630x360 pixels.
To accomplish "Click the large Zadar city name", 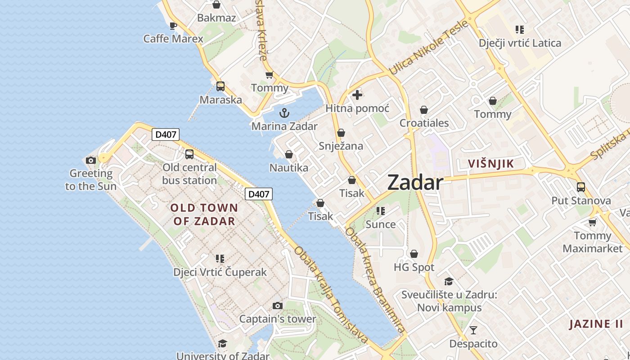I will (415, 182).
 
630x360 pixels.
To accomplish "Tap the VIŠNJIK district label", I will (490, 163).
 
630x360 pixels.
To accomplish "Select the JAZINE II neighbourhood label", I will (596, 324).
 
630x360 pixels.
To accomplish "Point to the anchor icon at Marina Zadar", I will (284, 112).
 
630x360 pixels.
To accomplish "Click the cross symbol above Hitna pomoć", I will (357, 95).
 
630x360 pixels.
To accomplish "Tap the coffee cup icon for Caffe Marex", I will (173, 26).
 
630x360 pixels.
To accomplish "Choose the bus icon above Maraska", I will (220, 86).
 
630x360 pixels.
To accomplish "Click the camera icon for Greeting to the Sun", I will (91, 160).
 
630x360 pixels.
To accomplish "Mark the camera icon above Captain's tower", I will (278, 306).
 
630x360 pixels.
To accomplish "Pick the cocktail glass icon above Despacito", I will (473, 331).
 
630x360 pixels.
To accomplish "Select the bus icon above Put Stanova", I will (581, 187).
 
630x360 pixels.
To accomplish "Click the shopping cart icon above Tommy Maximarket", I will (593, 222).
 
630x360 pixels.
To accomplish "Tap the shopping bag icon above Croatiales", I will (424, 110).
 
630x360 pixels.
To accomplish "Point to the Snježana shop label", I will (341, 146).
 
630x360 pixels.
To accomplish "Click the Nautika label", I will (289, 168).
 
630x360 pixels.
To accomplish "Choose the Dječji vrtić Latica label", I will (520, 43).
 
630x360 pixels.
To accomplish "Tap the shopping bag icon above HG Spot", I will (414, 254).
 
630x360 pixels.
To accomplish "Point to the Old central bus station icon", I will (189, 154).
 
